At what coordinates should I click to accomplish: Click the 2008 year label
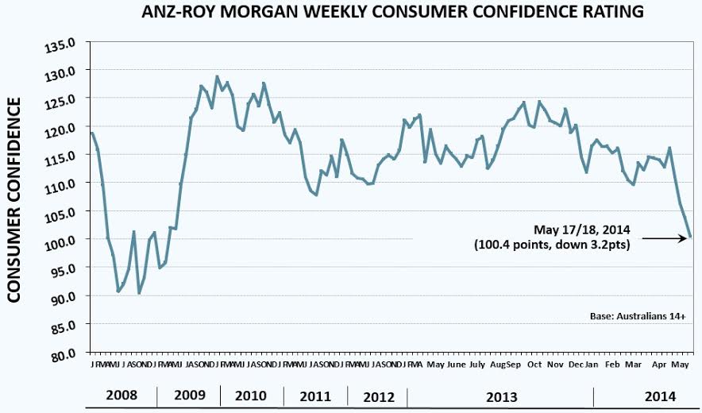121,396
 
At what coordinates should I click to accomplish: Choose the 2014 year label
661,396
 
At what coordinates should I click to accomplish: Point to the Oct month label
534,365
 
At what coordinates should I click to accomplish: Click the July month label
477,365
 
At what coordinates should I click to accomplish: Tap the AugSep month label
505,365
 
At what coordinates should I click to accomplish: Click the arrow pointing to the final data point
665,237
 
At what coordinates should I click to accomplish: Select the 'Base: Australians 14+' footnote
638,315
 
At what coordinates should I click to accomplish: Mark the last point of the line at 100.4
690,237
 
